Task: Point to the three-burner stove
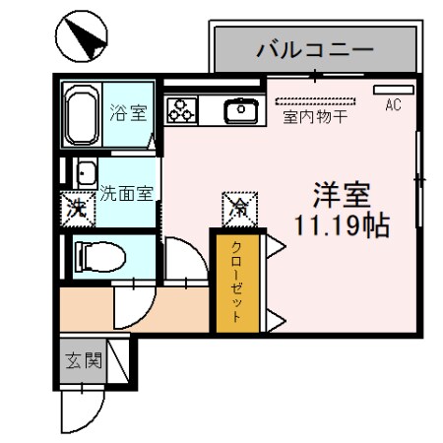(183, 109)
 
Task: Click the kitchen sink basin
(240, 111)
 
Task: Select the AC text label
(393, 104)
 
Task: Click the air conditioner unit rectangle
(392, 90)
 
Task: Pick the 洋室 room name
(340, 193)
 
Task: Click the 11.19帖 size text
(341, 224)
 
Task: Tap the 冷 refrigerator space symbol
(239, 207)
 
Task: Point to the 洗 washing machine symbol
(76, 208)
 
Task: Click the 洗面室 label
(126, 193)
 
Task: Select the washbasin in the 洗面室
(85, 172)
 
